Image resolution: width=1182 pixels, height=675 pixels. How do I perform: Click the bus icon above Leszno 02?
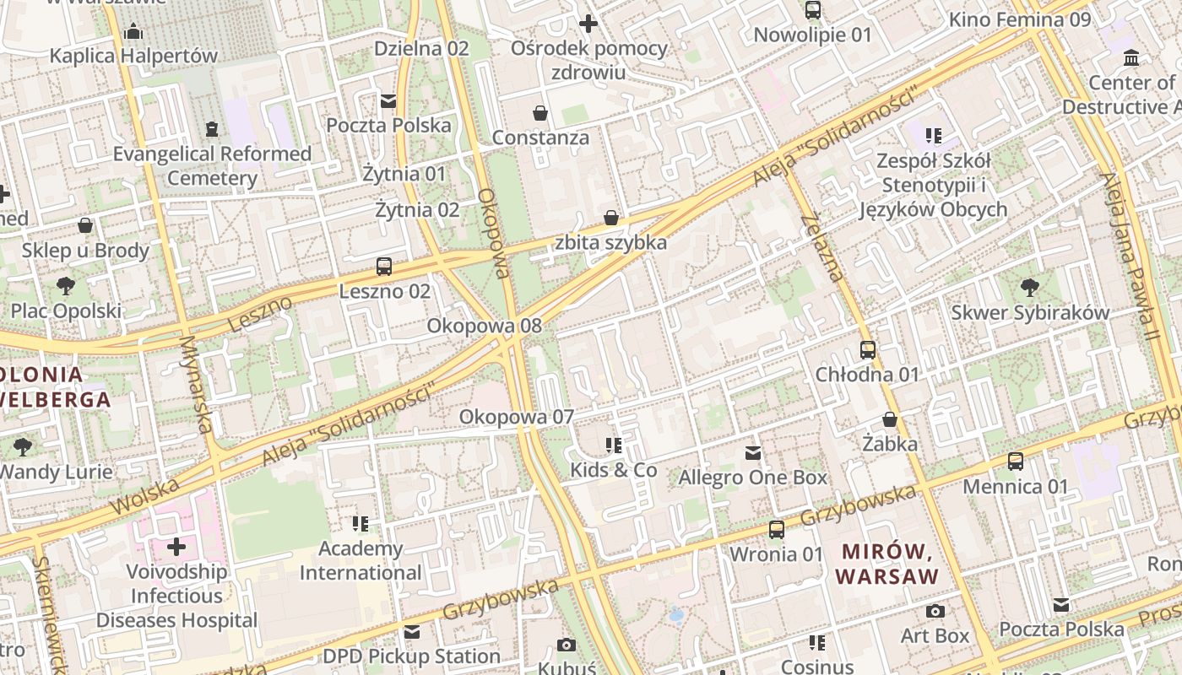(x=384, y=267)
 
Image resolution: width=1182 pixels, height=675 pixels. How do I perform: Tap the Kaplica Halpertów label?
(x=133, y=56)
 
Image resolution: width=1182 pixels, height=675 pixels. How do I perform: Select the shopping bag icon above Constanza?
(x=540, y=112)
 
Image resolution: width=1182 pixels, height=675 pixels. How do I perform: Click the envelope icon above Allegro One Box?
(x=753, y=453)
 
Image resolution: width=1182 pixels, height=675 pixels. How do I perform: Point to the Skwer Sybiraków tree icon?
(x=1030, y=288)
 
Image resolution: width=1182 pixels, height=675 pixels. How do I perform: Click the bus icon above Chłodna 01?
(x=867, y=349)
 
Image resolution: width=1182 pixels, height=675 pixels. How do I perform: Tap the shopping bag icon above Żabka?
(x=890, y=418)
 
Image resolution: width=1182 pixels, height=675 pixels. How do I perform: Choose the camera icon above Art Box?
(x=935, y=611)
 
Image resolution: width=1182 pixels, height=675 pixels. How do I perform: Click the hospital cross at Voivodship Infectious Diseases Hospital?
(x=176, y=547)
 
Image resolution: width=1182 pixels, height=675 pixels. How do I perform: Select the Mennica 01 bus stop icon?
(x=1016, y=462)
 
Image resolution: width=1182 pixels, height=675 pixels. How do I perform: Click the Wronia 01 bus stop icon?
(x=776, y=530)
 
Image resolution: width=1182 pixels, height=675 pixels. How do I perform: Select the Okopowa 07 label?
(x=516, y=417)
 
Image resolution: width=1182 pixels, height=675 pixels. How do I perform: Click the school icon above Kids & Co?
(x=614, y=445)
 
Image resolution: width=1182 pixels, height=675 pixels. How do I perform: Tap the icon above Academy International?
(x=361, y=524)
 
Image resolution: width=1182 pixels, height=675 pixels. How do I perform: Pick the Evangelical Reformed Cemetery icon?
(x=211, y=129)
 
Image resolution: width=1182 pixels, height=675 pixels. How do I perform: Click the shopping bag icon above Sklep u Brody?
(x=85, y=225)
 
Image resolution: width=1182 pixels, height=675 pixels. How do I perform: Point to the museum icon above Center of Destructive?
(x=1131, y=58)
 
